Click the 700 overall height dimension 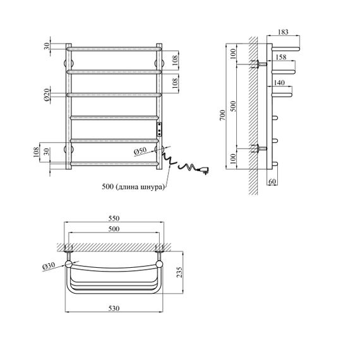[x=222, y=116]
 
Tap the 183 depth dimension [x=283, y=32]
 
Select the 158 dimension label [x=281, y=57]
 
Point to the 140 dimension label [x=279, y=83]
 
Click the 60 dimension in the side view [x=272, y=181]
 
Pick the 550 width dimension [x=114, y=218]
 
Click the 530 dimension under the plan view [x=114, y=308]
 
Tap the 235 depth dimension [x=179, y=272]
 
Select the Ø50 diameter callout [x=140, y=151]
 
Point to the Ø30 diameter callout [x=49, y=266]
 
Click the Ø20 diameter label [x=47, y=95]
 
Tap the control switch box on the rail [x=159, y=129]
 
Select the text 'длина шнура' [x=141, y=187]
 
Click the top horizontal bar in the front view [x=114, y=49]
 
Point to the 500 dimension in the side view [x=233, y=106]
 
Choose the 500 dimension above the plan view [x=114, y=229]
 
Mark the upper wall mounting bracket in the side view [x=259, y=64]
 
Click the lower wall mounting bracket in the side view [x=259, y=148]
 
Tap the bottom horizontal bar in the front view [x=114, y=164]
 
